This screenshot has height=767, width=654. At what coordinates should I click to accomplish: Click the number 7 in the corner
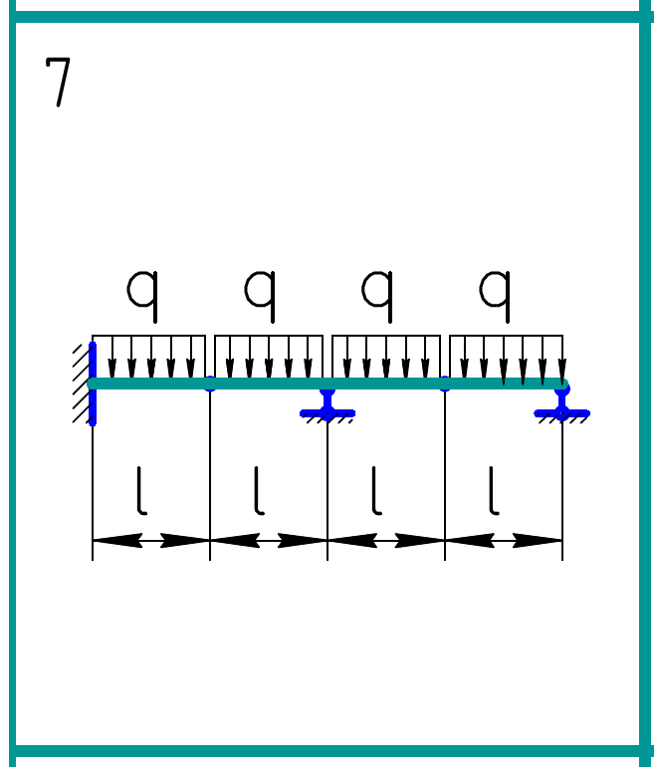(59, 82)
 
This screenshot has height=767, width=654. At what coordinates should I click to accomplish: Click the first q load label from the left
(142, 291)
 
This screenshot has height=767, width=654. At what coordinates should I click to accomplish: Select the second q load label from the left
(260, 291)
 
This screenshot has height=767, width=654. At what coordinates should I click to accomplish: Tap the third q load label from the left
(377, 291)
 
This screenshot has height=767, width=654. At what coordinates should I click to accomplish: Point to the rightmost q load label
(495, 291)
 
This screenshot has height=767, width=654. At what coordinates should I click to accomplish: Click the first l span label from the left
(141, 492)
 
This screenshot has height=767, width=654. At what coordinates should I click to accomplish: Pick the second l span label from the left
(259, 492)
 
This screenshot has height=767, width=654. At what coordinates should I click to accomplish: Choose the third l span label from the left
(376, 492)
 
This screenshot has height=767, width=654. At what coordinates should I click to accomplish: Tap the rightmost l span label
(494, 492)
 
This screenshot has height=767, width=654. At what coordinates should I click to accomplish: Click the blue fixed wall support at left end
(93, 383)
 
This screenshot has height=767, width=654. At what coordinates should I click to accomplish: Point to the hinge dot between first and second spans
(210, 384)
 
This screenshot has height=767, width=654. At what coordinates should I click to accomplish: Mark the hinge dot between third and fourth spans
(445, 384)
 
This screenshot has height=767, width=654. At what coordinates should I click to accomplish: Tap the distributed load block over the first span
(149, 356)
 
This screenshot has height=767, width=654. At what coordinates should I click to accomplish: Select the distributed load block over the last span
(506, 356)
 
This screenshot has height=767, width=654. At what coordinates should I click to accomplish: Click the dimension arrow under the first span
(151, 541)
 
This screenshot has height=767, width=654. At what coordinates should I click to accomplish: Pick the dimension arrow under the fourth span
(504, 541)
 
